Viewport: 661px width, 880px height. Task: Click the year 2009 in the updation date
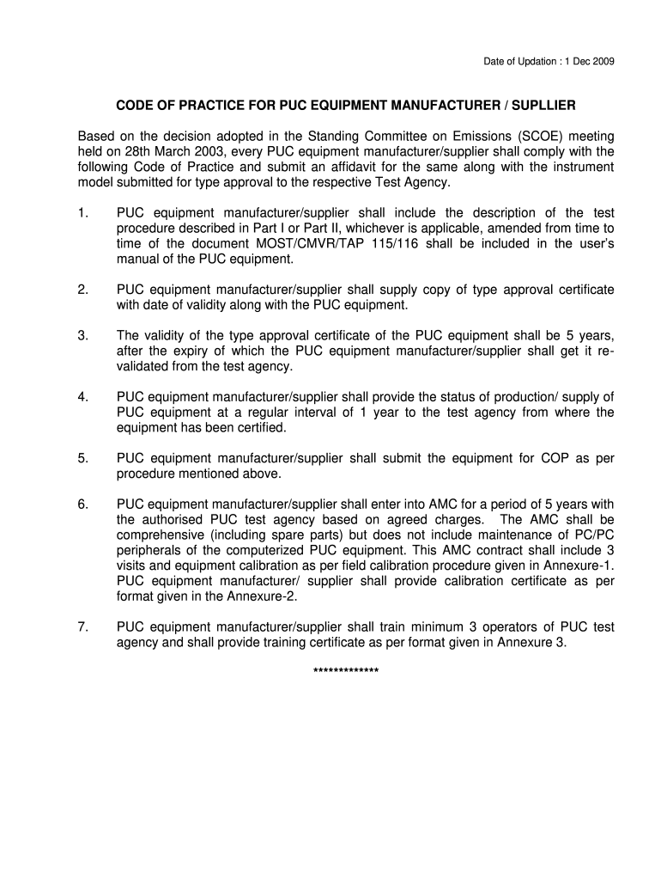pos(603,61)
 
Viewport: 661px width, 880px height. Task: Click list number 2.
pos(82,290)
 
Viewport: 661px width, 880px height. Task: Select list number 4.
pos(82,397)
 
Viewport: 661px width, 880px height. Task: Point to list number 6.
pos(82,504)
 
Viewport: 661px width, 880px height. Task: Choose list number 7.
pos(82,626)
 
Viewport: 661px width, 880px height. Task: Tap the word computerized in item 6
pos(287,550)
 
